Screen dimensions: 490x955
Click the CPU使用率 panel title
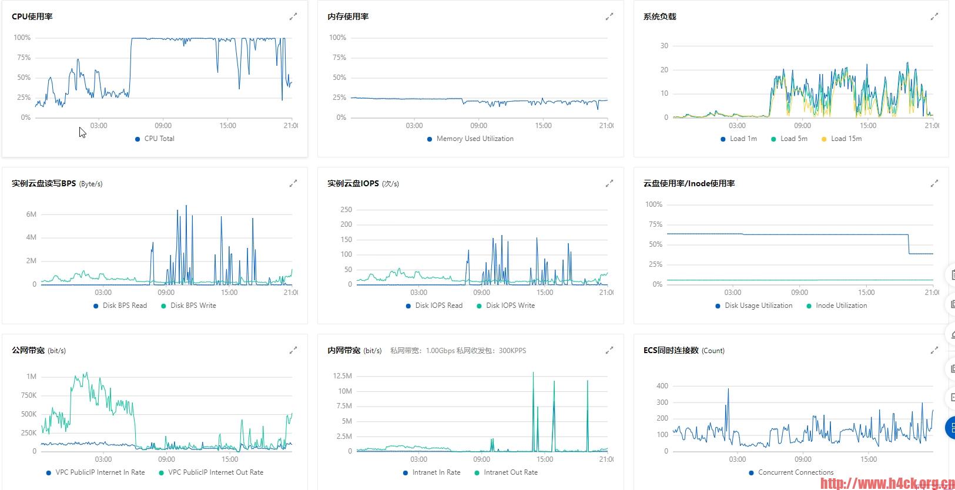pyautogui.click(x=32, y=16)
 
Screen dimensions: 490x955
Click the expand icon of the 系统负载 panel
pyautogui.click(x=934, y=17)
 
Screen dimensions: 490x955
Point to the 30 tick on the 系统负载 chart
pyautogui.click(x=664, y=46)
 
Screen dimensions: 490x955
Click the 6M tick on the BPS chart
pyautogui.click(x=31, y=214)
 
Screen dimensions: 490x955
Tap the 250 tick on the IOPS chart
pyautogui.click(x=346, y=210)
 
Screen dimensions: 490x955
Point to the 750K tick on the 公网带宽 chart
pyautogui.click(x=29, y=395)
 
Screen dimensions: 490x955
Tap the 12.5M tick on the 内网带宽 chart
pyautogui.click(x=342, y=376)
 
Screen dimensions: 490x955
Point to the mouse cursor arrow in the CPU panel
pyautogui.click(x=82, y=132)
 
